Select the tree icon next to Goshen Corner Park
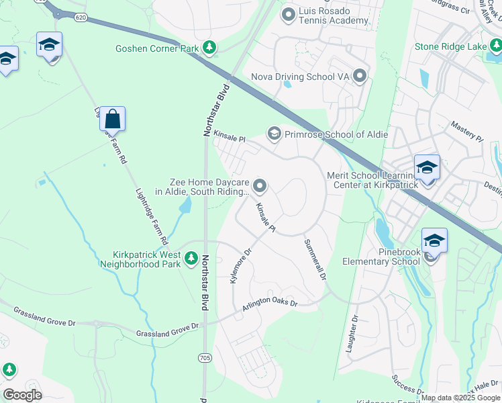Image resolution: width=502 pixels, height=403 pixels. click(x=211, y=47)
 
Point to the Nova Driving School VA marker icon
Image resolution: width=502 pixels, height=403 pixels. click(x=360, y=76)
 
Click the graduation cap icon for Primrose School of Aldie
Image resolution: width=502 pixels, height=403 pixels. click(x=274, y=134)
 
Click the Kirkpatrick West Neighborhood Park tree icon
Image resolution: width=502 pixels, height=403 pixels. click(x=191, y=258)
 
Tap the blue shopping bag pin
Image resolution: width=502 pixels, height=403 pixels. click(x=113, y=120)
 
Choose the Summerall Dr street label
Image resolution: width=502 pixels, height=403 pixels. click(x=315, y=260)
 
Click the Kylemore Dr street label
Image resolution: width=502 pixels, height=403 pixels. click(x=240, y=265)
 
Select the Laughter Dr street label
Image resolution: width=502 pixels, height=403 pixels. click(x=352, y=334)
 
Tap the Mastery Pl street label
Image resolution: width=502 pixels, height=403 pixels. click(x=466, y=131)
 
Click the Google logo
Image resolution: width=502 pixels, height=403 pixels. click(x=22, y=394)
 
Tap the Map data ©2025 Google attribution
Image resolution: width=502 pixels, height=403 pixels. click(x=461, y=398)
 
